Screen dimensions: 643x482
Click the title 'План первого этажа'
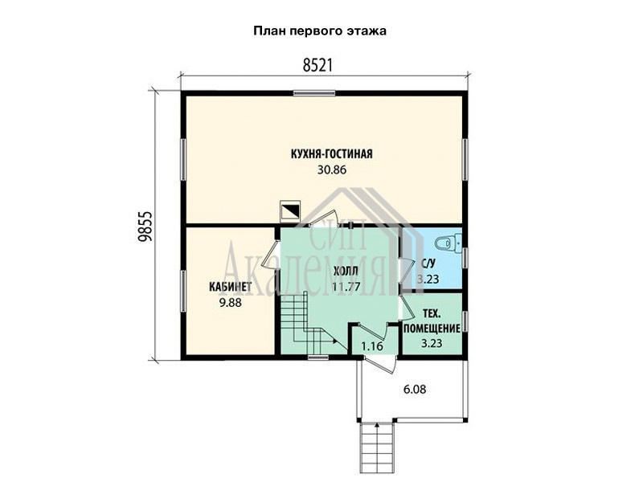[320, 31]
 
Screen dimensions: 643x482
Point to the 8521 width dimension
[317, 66]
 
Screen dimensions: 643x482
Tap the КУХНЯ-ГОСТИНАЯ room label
[332, 154]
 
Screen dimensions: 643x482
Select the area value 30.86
[332, 170]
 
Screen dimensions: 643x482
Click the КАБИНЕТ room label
[230, 287]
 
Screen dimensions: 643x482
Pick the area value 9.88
[230, 303]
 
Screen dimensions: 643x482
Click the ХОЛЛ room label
[346, 271]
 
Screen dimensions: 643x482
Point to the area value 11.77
[346, 287]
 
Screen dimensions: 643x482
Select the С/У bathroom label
[428, 263]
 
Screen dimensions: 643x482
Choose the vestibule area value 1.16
[372, 346]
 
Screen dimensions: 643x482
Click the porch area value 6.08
[415, 389]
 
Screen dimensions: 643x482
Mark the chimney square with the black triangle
[289, 211]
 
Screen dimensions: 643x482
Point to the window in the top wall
[314, 93]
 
